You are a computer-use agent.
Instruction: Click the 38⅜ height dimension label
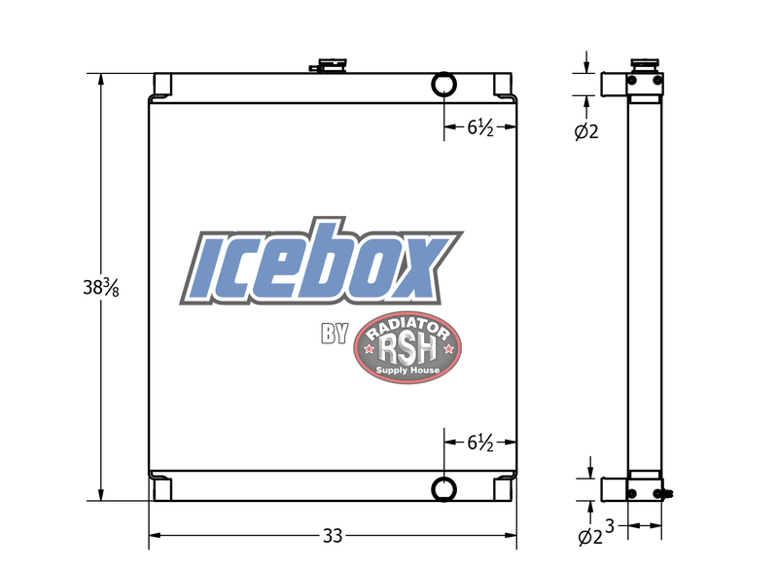[x=101, y=287]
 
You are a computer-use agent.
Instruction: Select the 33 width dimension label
[x=333, y=536]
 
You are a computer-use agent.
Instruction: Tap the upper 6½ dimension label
[x=480, y=128]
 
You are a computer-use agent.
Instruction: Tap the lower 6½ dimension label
[x=480, y=443]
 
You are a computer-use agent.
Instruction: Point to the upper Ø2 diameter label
[x=586, y=131]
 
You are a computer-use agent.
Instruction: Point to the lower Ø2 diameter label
[x=590, y=537]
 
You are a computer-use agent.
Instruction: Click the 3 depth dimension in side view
[x=610, y=526]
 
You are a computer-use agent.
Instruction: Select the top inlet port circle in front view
[x=443, y=85]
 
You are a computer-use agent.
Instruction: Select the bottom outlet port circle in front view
[x=443, y=489]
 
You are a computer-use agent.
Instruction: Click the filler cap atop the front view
[x=329, y=65]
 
